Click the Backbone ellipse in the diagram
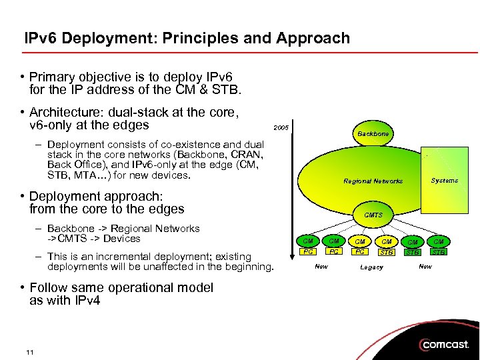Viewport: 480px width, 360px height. (x=373, y=134)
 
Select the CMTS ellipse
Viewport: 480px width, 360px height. (x=373, y=215)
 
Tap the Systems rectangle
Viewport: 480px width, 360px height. (x=444, y=181)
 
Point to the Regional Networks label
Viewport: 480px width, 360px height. (x=373, y=181)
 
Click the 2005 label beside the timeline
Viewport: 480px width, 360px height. (x=281, y=127)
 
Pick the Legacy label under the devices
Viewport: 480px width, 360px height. (x=371, y=267)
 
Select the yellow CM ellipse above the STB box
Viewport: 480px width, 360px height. (x=386, y=241)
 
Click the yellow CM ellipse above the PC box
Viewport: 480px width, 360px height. (x=360, y=241)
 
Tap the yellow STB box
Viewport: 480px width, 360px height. (x=386, y=252)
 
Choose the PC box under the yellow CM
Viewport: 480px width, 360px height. (x=360, y=252)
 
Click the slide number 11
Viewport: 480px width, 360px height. (x=30, y=352)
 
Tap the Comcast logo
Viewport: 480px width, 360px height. (x=446, y=345)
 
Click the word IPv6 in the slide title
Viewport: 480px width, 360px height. (x=41, y=38)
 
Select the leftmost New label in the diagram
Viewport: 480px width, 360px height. (x=321, y=267)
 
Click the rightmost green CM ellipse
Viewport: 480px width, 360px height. (x=439, y=241)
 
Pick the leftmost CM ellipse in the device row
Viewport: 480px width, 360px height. (x=307, y=241)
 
